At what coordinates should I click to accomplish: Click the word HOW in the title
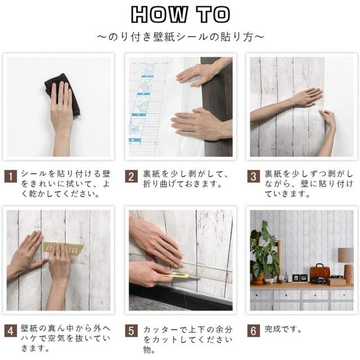(159, 14)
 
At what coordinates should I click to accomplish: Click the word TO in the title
(213, 14)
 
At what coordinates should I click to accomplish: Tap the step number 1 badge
(11, 176)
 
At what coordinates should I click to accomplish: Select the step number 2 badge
(131, 176)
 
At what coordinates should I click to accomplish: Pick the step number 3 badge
(254, 176)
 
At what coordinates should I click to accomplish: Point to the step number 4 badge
(11, 331)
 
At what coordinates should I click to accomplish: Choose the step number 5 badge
(131, 331)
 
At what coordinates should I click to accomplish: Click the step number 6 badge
(254, 331)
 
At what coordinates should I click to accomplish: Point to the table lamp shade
(346, 255)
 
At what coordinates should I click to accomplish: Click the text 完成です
(283, 329)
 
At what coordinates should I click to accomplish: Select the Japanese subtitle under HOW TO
(181, 37)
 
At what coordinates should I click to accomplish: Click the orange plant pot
(259, 279)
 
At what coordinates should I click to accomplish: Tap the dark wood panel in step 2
(218, 107)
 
